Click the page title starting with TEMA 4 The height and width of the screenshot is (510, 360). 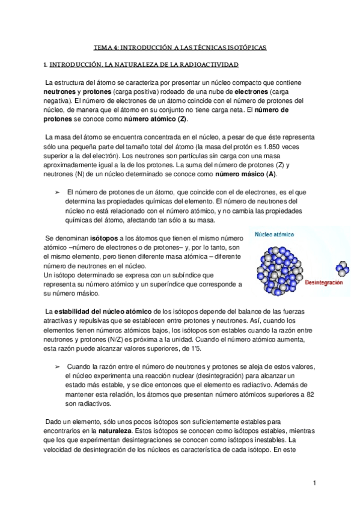pyautogui.click(x=180, y=46)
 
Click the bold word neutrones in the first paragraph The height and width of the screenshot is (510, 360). pyautogui.click(x=61, y=90)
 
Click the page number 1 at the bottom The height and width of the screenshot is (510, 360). pyautogui.click(x=315, y=483)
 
